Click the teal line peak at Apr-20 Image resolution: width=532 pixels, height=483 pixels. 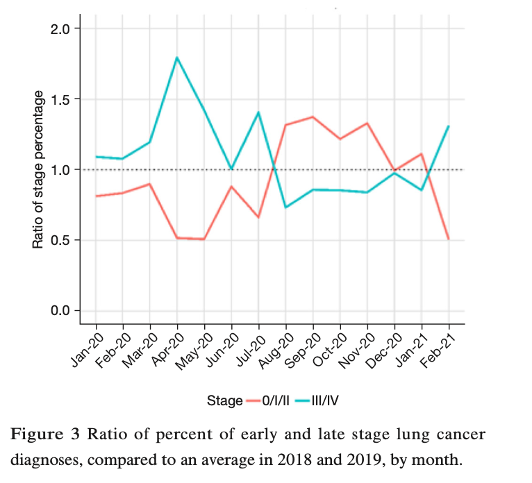pos(177,58)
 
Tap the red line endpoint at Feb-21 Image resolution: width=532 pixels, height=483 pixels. pos(449,239)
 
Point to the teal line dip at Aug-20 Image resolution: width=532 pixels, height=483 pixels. pos(286,207)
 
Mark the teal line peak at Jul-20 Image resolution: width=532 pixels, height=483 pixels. pos(259,112)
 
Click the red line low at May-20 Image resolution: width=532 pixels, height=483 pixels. pos(204,239)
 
